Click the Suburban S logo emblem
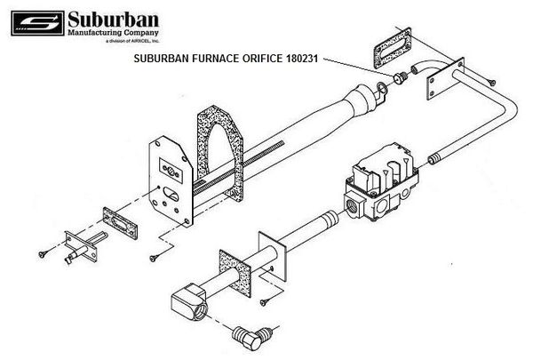(37, 23)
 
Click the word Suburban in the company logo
(113, 20)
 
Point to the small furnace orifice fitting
(400, 77)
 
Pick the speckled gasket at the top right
(393, 48)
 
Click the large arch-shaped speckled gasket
(220, 152)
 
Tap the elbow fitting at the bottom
(251, 337)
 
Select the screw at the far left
(43, 253)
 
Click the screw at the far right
(491, 82)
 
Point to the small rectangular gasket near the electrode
(120, 223)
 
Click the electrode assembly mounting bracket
(81, 245)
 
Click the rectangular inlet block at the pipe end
(189, 302)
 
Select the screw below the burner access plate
(154, 259)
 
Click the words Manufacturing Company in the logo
(113, 33)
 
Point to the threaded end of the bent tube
(434, 159)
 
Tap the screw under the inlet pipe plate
(265, 302)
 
